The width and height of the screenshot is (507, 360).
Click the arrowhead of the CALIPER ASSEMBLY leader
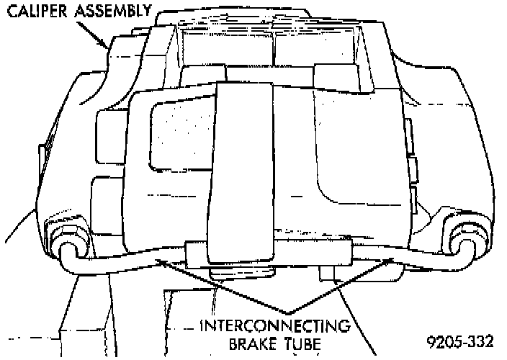pos(109,47)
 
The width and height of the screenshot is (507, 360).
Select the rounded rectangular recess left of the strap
pos(176,137)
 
